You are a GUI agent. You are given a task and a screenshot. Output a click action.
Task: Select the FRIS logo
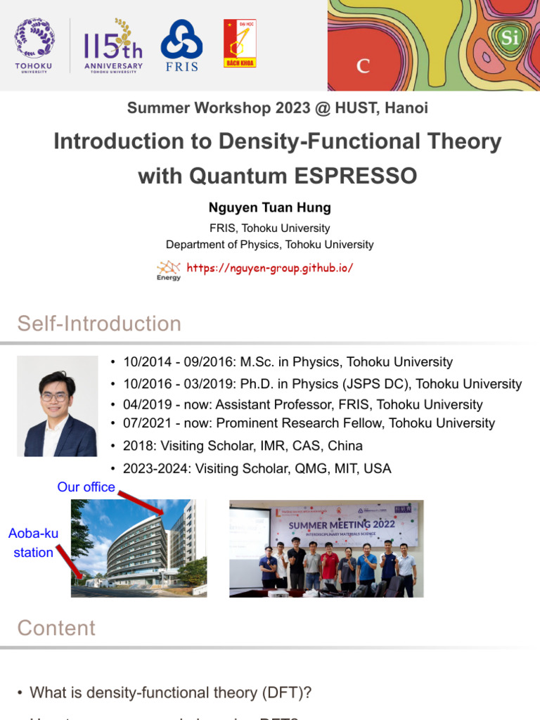point(181,45)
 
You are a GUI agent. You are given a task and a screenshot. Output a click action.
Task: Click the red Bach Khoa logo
point(240,44)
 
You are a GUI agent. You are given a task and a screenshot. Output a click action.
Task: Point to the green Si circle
point(510,37)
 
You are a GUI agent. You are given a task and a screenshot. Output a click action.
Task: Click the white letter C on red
point(364,66)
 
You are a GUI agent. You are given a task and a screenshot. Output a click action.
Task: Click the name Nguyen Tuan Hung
point(269,207)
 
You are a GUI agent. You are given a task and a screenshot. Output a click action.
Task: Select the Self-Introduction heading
point(99,323)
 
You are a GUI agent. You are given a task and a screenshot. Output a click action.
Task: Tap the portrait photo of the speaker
point(58,406)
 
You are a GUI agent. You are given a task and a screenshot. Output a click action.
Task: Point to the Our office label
point(86,487)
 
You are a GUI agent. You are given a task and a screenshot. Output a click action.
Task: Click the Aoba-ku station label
point(33,543)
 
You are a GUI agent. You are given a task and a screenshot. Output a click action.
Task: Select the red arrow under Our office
point(143,504)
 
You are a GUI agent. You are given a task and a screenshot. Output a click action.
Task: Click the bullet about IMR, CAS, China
point(243,446)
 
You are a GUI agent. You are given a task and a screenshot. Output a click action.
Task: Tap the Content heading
point(56,628)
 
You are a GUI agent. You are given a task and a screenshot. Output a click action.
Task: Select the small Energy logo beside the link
point(169,270)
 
